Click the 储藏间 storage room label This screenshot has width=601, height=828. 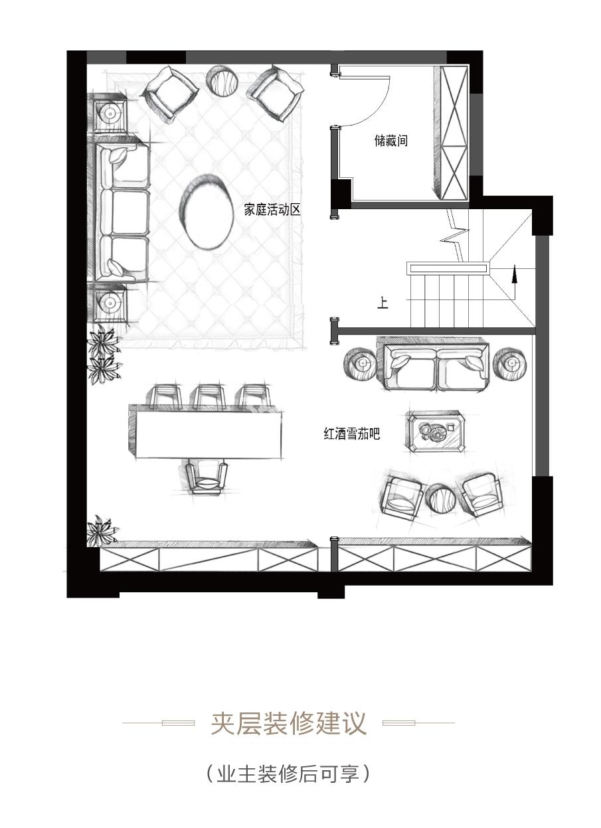point(390,141)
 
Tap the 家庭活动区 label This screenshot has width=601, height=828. point(272,210)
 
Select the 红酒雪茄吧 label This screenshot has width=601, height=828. point(352,433)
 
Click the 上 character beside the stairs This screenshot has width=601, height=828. point(383,303)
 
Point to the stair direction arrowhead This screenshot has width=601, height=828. point(514,274)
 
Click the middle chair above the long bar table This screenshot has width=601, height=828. point(210,396)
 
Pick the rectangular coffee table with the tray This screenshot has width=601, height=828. point(436,432)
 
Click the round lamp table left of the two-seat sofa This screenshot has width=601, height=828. point(361,364)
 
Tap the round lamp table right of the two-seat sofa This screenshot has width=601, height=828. point(511,364)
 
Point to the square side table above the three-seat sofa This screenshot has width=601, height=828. point(110,113)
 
